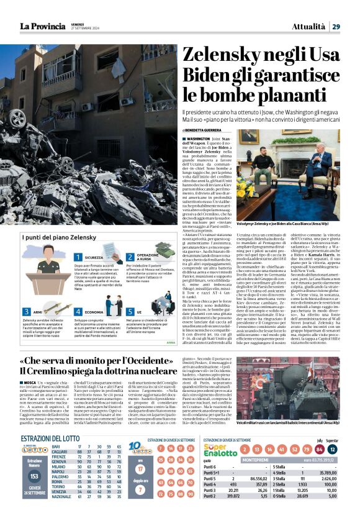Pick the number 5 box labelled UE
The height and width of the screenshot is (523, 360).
[x=130, y=312]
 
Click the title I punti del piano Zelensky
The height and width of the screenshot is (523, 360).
[x=52, y=238]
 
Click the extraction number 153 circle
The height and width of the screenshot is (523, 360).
[x=35, y=475]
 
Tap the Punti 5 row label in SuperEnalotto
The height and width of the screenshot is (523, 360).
[x=211, y=478]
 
